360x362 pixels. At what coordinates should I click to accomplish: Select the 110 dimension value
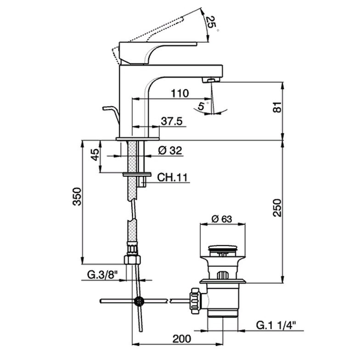pos(180,93)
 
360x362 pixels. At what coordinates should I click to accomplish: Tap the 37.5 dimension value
pos(172,121)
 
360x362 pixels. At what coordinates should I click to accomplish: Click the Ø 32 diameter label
pos(170,151)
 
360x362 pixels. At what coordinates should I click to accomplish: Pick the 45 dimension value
pos(95,154)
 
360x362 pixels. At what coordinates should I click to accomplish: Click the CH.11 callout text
pos(172,177)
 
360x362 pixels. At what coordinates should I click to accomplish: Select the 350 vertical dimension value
pos(77,197)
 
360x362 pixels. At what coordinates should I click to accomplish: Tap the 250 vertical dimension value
pos(277,208)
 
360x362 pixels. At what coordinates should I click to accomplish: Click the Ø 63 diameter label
pos(222,219)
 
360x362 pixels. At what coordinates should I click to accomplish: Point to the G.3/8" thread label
pos(102,275)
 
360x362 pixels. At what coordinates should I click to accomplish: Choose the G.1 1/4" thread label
pos(276,326)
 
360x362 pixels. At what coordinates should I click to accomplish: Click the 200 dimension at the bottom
pos(182,339)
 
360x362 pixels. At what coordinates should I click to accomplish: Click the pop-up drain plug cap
pos(222,249)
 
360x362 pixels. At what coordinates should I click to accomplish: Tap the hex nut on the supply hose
pos(132,260)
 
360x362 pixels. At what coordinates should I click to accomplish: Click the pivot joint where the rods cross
pos(139,301)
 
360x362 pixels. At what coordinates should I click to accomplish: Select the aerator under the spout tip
pos(211,80)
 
